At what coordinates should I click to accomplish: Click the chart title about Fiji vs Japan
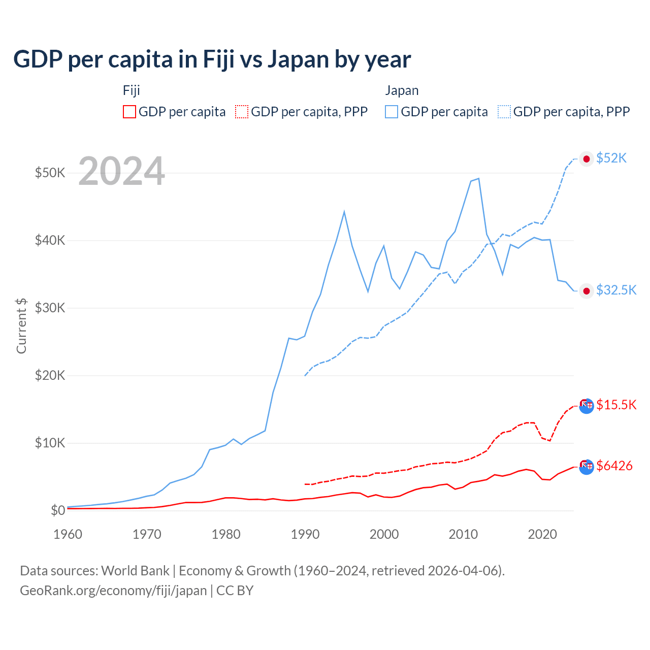pyautogui.click(x=212, y=59)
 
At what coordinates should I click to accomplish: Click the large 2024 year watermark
pyautogui.click(x=122, y=171)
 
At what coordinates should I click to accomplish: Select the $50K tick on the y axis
pyautogui.click(x=50, y=173)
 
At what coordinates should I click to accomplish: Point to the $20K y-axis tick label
pyautogui.click(x=50, y=375)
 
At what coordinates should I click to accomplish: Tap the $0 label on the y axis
pyautogui.click(x=58, y=510)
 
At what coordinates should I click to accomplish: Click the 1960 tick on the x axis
pyautogui.click(x=68, y=534)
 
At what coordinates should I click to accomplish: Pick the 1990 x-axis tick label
pyautogui.click(x=305, y=534)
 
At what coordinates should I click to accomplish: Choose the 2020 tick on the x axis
pyautogui.click(x=542, y=534)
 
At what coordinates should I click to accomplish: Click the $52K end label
pyautogui.click(x=611, y=158)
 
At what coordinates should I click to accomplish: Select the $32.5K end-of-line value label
pyautogui.click(x=616, y=290)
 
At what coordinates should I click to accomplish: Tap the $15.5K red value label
pyautogui.click(x=616, y=405)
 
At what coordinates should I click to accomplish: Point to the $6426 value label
pyautogui.click(x=614, y=466)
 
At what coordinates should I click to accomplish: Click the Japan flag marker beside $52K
pyautogui.click(x=587, y=159)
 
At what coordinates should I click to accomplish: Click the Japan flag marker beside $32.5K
pyautogui.click(x=587, y=291)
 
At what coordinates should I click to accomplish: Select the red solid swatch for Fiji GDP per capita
pyautogui.click(x=129, y=112)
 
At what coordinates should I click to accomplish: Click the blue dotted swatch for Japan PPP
pyautogui.click(x=504, y=112)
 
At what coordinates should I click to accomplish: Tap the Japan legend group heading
pyautogui.click(x=402, y=90)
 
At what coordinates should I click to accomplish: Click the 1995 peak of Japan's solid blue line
pyautogui.click(x=344, y=211)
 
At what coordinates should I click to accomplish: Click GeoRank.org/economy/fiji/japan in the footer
pyautogui.click(x=113, y=591)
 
